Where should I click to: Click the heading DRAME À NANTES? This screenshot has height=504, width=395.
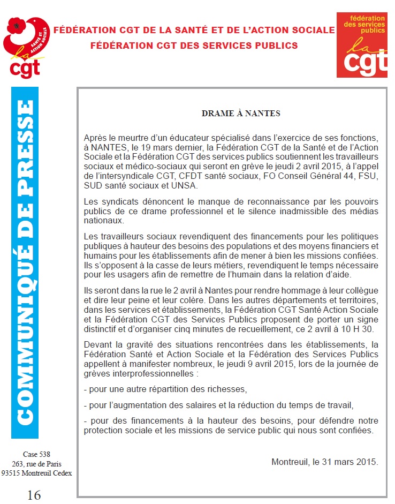(240, 114)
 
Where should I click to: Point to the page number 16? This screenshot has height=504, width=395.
(33, 494)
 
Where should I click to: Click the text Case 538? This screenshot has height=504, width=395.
(36, 455)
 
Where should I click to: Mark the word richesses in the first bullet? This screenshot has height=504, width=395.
(228, 389)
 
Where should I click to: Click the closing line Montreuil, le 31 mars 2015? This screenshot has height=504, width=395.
(324, 462)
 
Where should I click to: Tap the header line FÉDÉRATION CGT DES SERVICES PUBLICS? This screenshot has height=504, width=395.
(194, 45)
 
